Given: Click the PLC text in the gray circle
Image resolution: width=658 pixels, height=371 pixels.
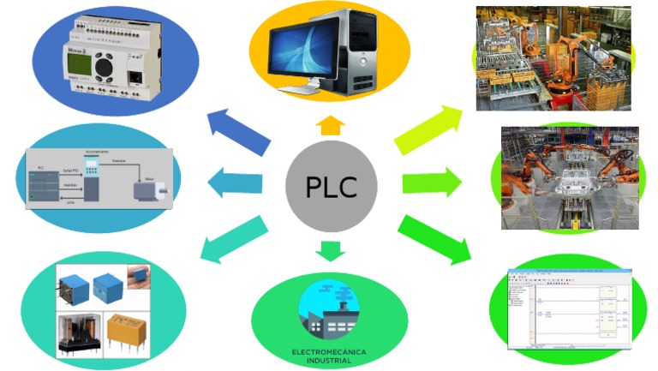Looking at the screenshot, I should pos(331,186).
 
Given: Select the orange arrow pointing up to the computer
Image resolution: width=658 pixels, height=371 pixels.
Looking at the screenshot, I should pos(330,127).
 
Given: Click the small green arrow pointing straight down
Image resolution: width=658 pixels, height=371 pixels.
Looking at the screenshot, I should pos(330,250).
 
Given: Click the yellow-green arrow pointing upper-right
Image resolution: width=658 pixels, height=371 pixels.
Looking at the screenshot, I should pos(428,129).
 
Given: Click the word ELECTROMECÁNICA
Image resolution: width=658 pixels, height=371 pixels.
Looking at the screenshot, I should pos(329,352).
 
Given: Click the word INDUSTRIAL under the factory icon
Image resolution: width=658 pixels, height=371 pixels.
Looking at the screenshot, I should pos(329,361).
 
